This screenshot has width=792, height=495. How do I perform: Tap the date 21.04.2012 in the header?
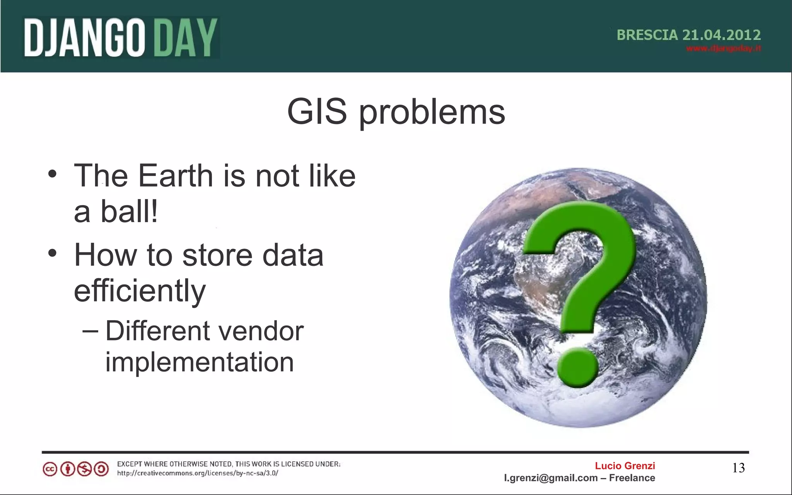(722, 35)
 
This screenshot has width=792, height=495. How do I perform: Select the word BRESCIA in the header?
(647, 35)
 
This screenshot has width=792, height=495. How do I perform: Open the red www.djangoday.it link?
(724, 49)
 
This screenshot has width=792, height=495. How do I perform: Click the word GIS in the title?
(317, 112)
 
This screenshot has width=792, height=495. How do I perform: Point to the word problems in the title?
(432, 113)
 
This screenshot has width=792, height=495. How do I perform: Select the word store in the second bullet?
(217, 255)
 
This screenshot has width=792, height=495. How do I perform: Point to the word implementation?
(200, 363)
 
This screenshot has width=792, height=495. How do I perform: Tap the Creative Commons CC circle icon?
(50, 469)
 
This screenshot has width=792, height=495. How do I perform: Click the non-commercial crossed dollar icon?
(84, 469)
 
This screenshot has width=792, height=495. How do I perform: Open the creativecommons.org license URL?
(198, 473)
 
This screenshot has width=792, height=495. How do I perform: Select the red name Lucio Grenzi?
(625, 466)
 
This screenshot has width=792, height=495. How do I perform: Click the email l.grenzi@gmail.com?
(551, 478)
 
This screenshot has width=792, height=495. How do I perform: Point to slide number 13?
(738, 468)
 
